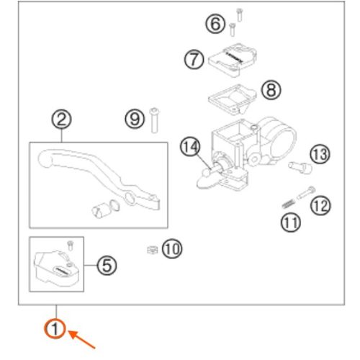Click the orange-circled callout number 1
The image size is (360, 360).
tap(55, 328)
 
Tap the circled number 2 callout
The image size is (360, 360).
tap(62, 120)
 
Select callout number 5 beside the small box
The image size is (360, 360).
tap(107, 266)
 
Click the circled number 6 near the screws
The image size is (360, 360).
tap(215, 24)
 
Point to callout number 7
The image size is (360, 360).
tap(194, 59)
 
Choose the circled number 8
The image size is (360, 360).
tap(271, 90)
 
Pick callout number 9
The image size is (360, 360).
tap(135, 119)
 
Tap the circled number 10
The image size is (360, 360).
tap(172, 249)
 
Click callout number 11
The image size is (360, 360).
tap(291, 222)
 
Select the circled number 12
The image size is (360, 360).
tap(320, 205)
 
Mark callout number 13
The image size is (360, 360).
tap(320, 154)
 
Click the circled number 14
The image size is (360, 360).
tap(190, 146)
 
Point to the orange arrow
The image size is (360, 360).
tap(82, 339)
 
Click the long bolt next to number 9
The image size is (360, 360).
tap(154, 120)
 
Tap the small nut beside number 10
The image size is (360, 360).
tap(152, 250)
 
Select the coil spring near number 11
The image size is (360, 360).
tap(288, 204)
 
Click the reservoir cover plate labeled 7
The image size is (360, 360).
tap(233, 60)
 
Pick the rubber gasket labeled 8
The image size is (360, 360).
tap(232, 99)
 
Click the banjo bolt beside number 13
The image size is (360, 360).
tap(300, 167)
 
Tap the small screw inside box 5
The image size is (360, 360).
tap(71, 246)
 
